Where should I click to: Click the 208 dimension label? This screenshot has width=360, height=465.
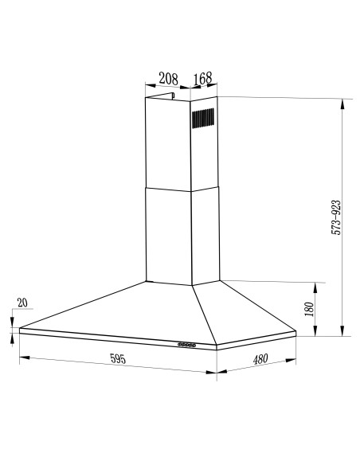pos(167,78)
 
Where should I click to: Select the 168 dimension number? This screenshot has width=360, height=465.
pos(202,78)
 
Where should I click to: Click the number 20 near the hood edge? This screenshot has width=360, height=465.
pos(22,303)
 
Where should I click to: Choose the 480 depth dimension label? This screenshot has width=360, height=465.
pos(260,359)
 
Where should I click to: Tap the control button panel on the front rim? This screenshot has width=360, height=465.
pos(189,345)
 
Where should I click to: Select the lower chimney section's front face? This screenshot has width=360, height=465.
pos(168,235)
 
